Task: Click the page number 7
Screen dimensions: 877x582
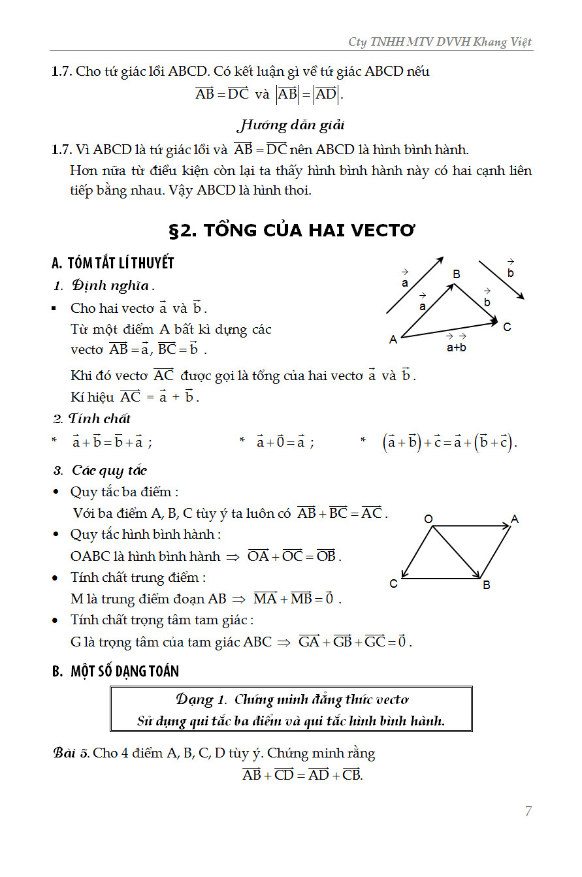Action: point(528,811)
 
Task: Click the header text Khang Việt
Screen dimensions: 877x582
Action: point(507,42)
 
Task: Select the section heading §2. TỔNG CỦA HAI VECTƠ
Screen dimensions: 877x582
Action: point(292,231)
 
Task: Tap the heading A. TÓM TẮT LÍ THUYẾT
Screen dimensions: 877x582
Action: point(112,263)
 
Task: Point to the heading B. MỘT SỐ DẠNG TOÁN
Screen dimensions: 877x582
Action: point(116,671)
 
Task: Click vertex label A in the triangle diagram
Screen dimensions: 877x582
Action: point(393,340)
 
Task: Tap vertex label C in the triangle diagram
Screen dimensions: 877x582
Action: point(508,327)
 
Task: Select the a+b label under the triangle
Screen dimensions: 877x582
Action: point(457,347)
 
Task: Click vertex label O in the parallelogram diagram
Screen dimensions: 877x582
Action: point(428,519)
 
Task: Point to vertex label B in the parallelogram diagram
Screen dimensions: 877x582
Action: point(487,585)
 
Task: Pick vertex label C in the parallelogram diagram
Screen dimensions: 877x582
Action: point(393,584)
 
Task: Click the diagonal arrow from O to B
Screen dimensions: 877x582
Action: point(457,552)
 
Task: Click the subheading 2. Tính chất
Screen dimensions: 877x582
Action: point(92,419)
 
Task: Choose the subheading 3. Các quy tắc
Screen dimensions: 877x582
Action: point(101,470)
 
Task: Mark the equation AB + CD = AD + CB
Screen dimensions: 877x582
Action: point(302,775)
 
